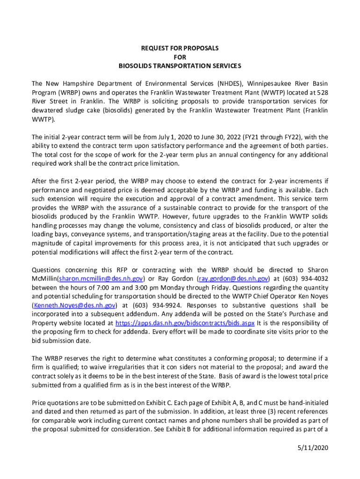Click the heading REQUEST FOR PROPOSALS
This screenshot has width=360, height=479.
tap(180, 48)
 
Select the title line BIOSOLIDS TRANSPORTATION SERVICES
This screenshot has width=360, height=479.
tap(180, 65)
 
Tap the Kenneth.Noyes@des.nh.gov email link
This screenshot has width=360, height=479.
tap(73, 305)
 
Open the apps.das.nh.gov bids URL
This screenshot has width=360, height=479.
tap(185, 323)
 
